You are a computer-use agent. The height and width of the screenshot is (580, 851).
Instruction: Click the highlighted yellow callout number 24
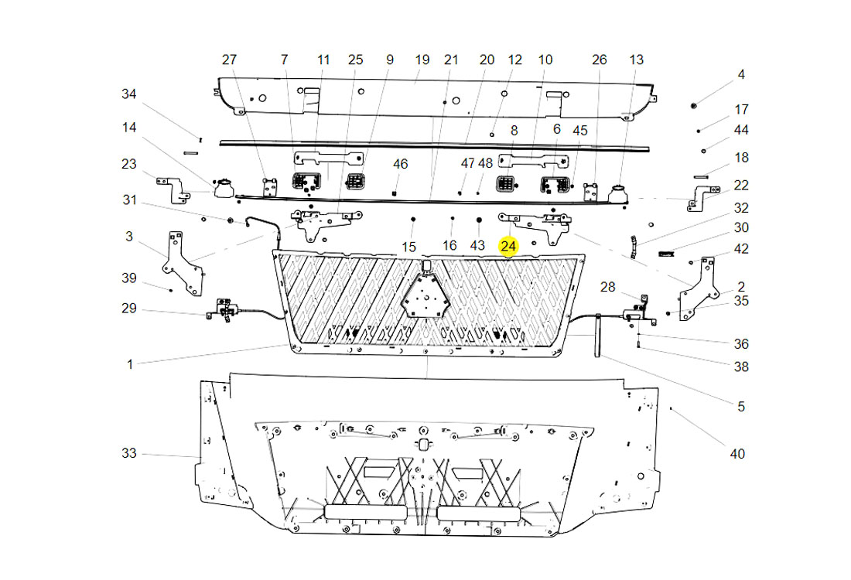pyautogui.click(x=508, y=246)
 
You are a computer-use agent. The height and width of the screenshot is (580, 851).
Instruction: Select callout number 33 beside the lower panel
pyautogui.click(x=128, y=453)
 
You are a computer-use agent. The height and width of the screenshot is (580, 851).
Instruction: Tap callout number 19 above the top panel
pyautogui.click(x=422, y=60)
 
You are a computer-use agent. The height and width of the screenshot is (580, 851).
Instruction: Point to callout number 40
pyautogui.click(x=737, y=454)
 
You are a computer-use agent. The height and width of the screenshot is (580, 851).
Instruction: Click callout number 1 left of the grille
pyautogui.click(x=130, y=363)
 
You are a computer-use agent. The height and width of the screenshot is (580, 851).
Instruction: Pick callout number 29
pyautogui.click(x=128, y=309)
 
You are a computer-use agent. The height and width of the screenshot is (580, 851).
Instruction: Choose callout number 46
pyautogui.click(x=400, y=164)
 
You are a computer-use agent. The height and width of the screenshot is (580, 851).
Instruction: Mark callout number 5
pyautogui.click(x=741, y=406)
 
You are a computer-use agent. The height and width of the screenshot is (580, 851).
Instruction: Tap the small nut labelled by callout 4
pyautogui.click(x=694, y=104)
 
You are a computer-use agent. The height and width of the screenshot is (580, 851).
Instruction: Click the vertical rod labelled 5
pyautogui.click(x=598, y=336)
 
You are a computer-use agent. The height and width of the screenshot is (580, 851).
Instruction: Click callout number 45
pyautogui.click(x=579, y=131)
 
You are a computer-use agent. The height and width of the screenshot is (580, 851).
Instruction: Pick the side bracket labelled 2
pyautogui.click(x=699, y=289)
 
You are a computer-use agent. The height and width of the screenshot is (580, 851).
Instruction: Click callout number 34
pyautogui.click(x=128, y=94)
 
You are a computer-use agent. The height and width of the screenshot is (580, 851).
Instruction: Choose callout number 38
pyautogui.click(x=741, y=367)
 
